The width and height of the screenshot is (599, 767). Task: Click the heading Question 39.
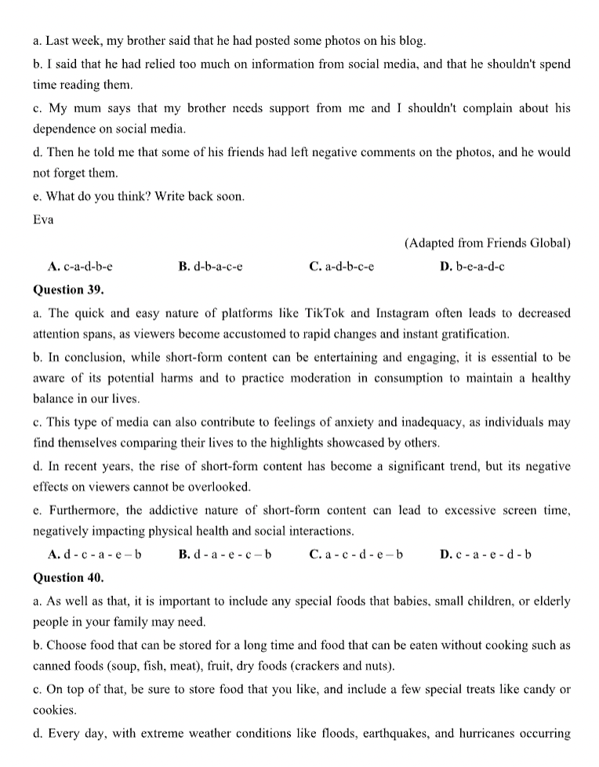[68, 289]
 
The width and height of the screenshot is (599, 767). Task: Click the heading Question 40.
[68, 577]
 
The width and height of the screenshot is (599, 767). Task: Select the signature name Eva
[43, 220]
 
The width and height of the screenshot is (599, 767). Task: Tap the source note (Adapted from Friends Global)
[487, 243]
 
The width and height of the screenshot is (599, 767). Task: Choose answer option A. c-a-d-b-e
[85, 267]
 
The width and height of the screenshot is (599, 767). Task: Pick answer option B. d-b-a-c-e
[210, 267]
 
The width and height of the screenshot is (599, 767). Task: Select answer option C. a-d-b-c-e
[341, 267]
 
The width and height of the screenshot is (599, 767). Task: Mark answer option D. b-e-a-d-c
[473, 267]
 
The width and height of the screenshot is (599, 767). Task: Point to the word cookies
[54, 710]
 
